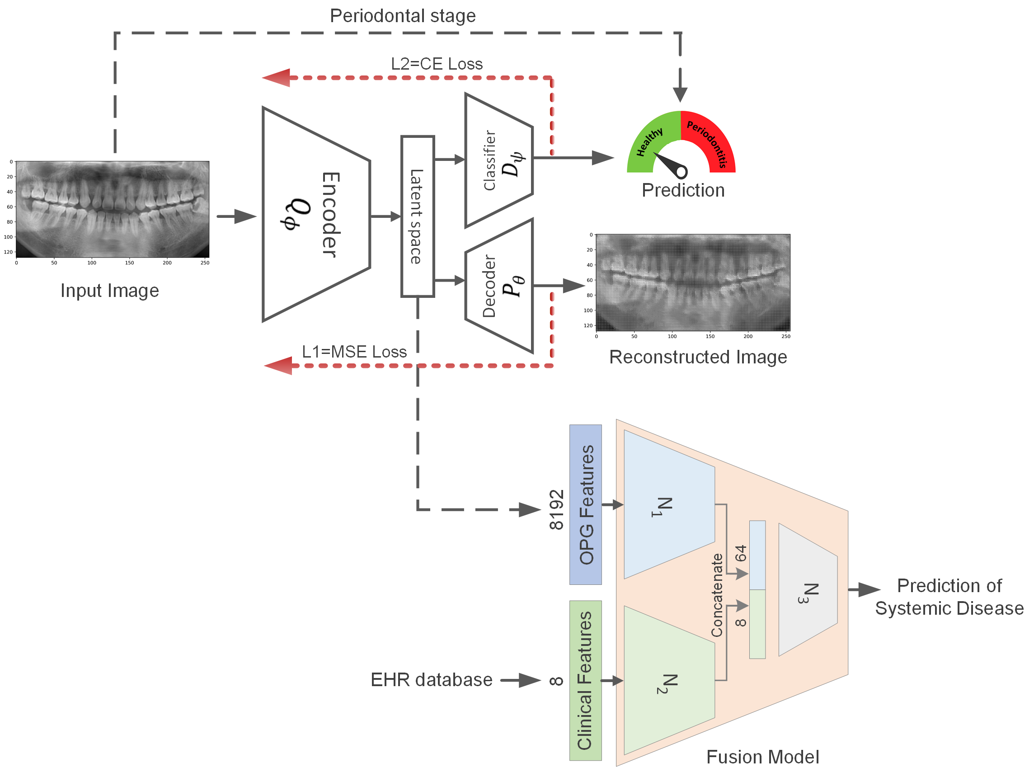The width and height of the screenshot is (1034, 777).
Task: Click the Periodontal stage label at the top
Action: point(403,16)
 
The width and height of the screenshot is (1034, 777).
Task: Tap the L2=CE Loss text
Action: point(437,64)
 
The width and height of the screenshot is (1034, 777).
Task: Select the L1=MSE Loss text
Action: point(354,352)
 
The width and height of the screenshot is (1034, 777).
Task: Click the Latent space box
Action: point(417,217)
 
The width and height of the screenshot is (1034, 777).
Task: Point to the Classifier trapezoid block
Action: point(499,160)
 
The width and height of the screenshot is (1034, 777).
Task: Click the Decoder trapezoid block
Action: point(499,286)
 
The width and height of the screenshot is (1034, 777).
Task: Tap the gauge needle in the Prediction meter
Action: point(670,165)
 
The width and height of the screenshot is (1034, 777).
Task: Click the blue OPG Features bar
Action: point(585,504)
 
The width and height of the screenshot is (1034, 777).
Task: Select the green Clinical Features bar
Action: point(585,680)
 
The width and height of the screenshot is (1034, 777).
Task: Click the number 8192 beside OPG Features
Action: point(556,509)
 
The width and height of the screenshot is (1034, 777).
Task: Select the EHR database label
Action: point(431,680)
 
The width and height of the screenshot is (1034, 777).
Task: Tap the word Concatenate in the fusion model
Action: point(717,595)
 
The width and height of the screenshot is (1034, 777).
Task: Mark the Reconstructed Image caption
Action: point(698,357)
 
